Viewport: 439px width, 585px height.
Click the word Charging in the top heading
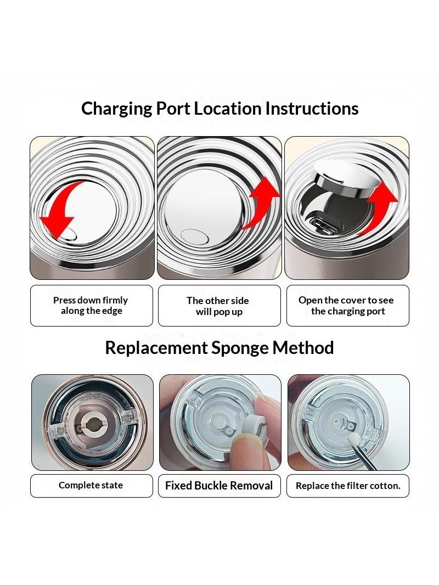116,109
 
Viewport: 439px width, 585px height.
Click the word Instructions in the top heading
312,108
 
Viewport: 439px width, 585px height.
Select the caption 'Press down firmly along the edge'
91,306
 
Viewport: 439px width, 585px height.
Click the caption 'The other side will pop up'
218,306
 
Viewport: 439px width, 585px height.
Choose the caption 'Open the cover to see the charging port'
346,306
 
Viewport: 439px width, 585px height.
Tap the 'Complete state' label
91,485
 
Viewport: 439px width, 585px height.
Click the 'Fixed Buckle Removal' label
219,485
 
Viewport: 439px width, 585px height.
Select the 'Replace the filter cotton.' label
348,486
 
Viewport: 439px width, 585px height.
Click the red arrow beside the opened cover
380,207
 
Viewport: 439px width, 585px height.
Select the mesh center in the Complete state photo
92,424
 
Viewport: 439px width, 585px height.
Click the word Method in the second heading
303,348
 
